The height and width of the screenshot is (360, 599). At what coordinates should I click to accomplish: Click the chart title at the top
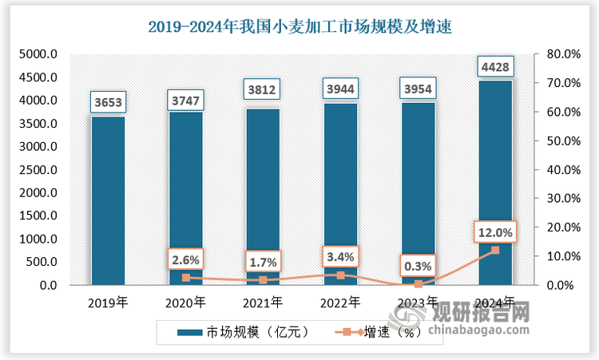[299, 26]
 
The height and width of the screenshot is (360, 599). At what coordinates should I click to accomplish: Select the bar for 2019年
[108, 200]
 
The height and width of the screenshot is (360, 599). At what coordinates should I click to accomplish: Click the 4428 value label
[494, 65]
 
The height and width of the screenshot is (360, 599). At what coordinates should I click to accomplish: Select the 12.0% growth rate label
[494, 231]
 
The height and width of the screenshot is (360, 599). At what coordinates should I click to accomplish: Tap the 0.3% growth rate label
[418, 265]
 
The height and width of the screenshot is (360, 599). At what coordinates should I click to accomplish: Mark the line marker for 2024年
[494, 250]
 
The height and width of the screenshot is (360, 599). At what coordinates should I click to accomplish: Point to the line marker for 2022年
[340, 275]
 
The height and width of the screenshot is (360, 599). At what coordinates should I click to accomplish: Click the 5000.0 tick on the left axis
[38, 54]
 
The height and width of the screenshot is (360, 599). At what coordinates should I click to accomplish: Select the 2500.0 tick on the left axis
[38, 170]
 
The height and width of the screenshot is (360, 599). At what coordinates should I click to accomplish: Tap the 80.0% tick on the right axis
[561, 54]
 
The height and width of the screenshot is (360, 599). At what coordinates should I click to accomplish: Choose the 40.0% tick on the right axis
[561, 170]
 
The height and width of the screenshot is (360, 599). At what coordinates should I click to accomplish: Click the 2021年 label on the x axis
[263, 303]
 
